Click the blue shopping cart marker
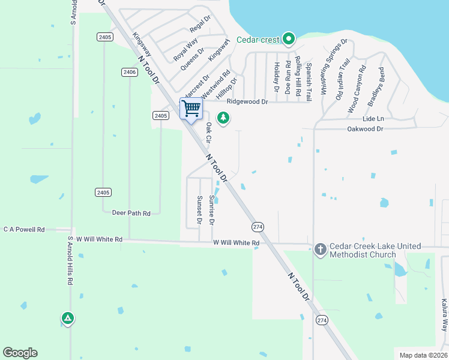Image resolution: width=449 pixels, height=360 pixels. pyautogui.click(x=191, y=109)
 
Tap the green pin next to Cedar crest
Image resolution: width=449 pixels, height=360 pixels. pyautogui.click(x=288, y=40)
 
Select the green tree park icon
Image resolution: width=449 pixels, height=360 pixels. pyautogui.click(x=223, y=118)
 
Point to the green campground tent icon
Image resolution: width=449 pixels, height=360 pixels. pyautogui.click(x=68, y=317)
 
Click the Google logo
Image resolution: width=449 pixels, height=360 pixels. pyautogui.click(x=20, y=353)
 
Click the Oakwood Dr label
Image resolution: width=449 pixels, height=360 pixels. pyautogui.click(x=365, y=129)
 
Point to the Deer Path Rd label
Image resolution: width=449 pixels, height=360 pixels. pyautogui.click(x=131, y=212)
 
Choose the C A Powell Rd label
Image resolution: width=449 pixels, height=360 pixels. pyautogui.click(x=24, y=229)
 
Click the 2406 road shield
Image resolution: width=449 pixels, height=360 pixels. pyautogui.click(x=129, y=72)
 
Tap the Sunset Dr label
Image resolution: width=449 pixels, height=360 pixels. pyautogui.click(x=199, y=210)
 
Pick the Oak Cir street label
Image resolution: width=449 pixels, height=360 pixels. pyautogui.click(x=208, y=132)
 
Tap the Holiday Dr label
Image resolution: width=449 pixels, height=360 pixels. pyautogui.click(x=277, y=77)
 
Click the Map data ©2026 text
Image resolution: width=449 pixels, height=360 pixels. pyautogui.click(x=423, y=355)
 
